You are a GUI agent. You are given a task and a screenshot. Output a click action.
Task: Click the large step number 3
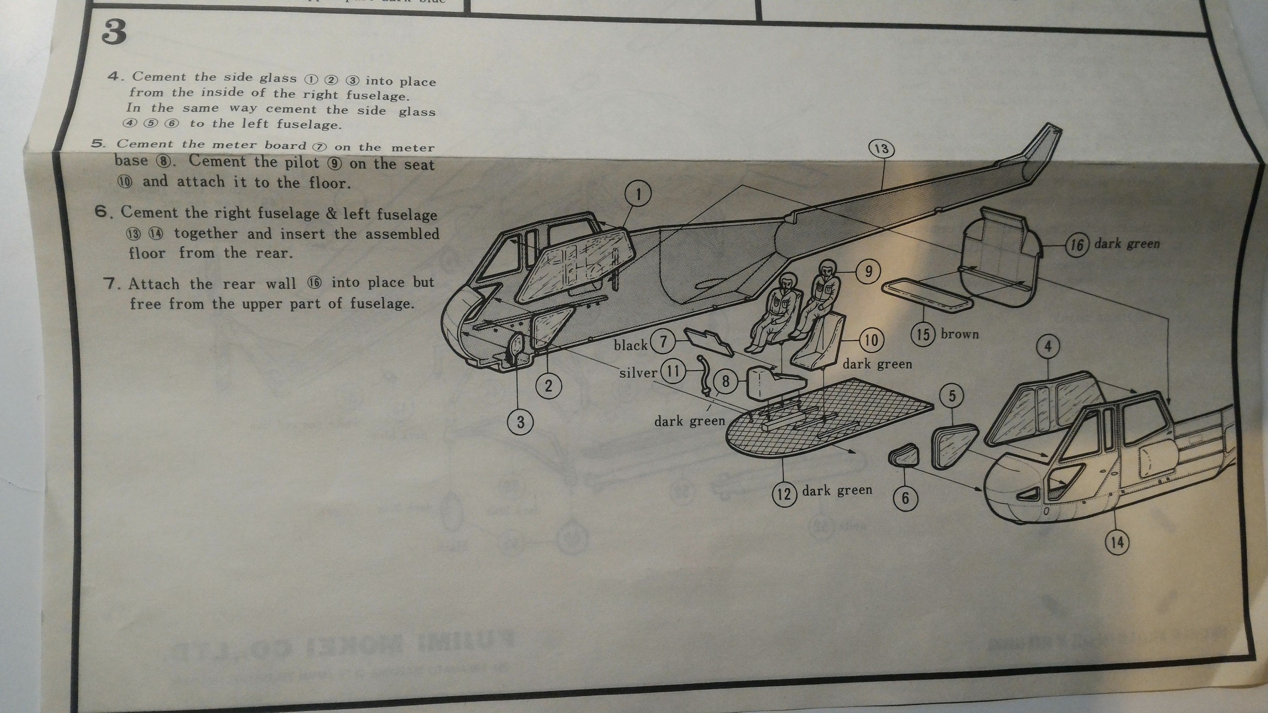coord(113,33)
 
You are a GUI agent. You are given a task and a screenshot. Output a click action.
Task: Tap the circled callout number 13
coord(882,149)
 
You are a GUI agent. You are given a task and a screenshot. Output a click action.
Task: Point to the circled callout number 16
coord(1076,245)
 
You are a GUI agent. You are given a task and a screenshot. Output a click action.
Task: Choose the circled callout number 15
coord(923,335)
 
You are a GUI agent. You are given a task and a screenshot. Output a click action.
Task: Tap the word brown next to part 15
coord(960,334)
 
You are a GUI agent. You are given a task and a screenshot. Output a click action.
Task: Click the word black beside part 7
coord(631,345)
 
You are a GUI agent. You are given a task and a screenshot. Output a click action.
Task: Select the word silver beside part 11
coord(637,372)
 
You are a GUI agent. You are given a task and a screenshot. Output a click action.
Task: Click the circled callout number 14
coord(1116,543)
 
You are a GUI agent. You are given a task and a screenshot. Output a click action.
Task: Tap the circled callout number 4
coord(1048,347)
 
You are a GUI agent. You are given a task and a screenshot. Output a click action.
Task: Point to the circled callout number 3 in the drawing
coord(521,422)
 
